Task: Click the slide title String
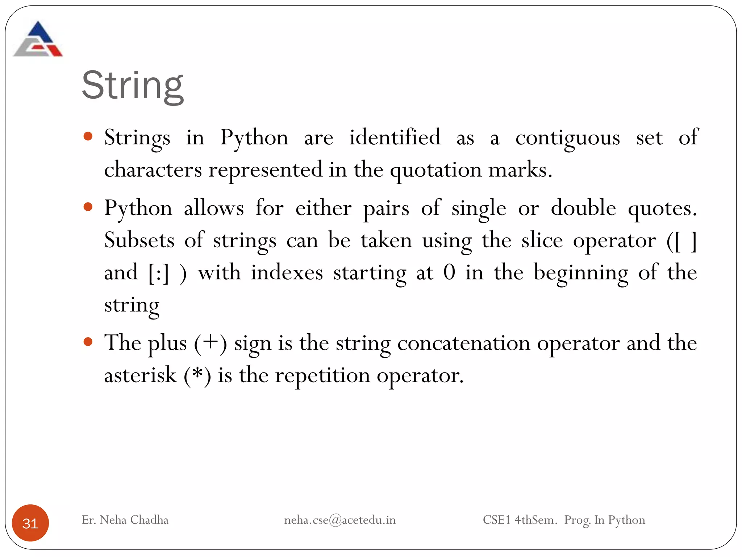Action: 133,86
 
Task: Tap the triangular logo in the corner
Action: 38,40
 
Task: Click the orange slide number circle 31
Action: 30,523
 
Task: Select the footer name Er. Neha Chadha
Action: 125,520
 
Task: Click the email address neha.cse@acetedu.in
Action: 340,520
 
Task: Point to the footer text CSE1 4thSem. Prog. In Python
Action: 564,520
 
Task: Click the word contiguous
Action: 567,138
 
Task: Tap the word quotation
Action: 436,170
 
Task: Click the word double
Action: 583,208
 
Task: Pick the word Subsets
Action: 139,240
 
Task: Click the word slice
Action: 542,240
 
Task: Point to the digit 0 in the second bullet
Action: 449,272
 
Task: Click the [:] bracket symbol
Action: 159,273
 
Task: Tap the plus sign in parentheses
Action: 210,342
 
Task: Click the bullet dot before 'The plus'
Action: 88,342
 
